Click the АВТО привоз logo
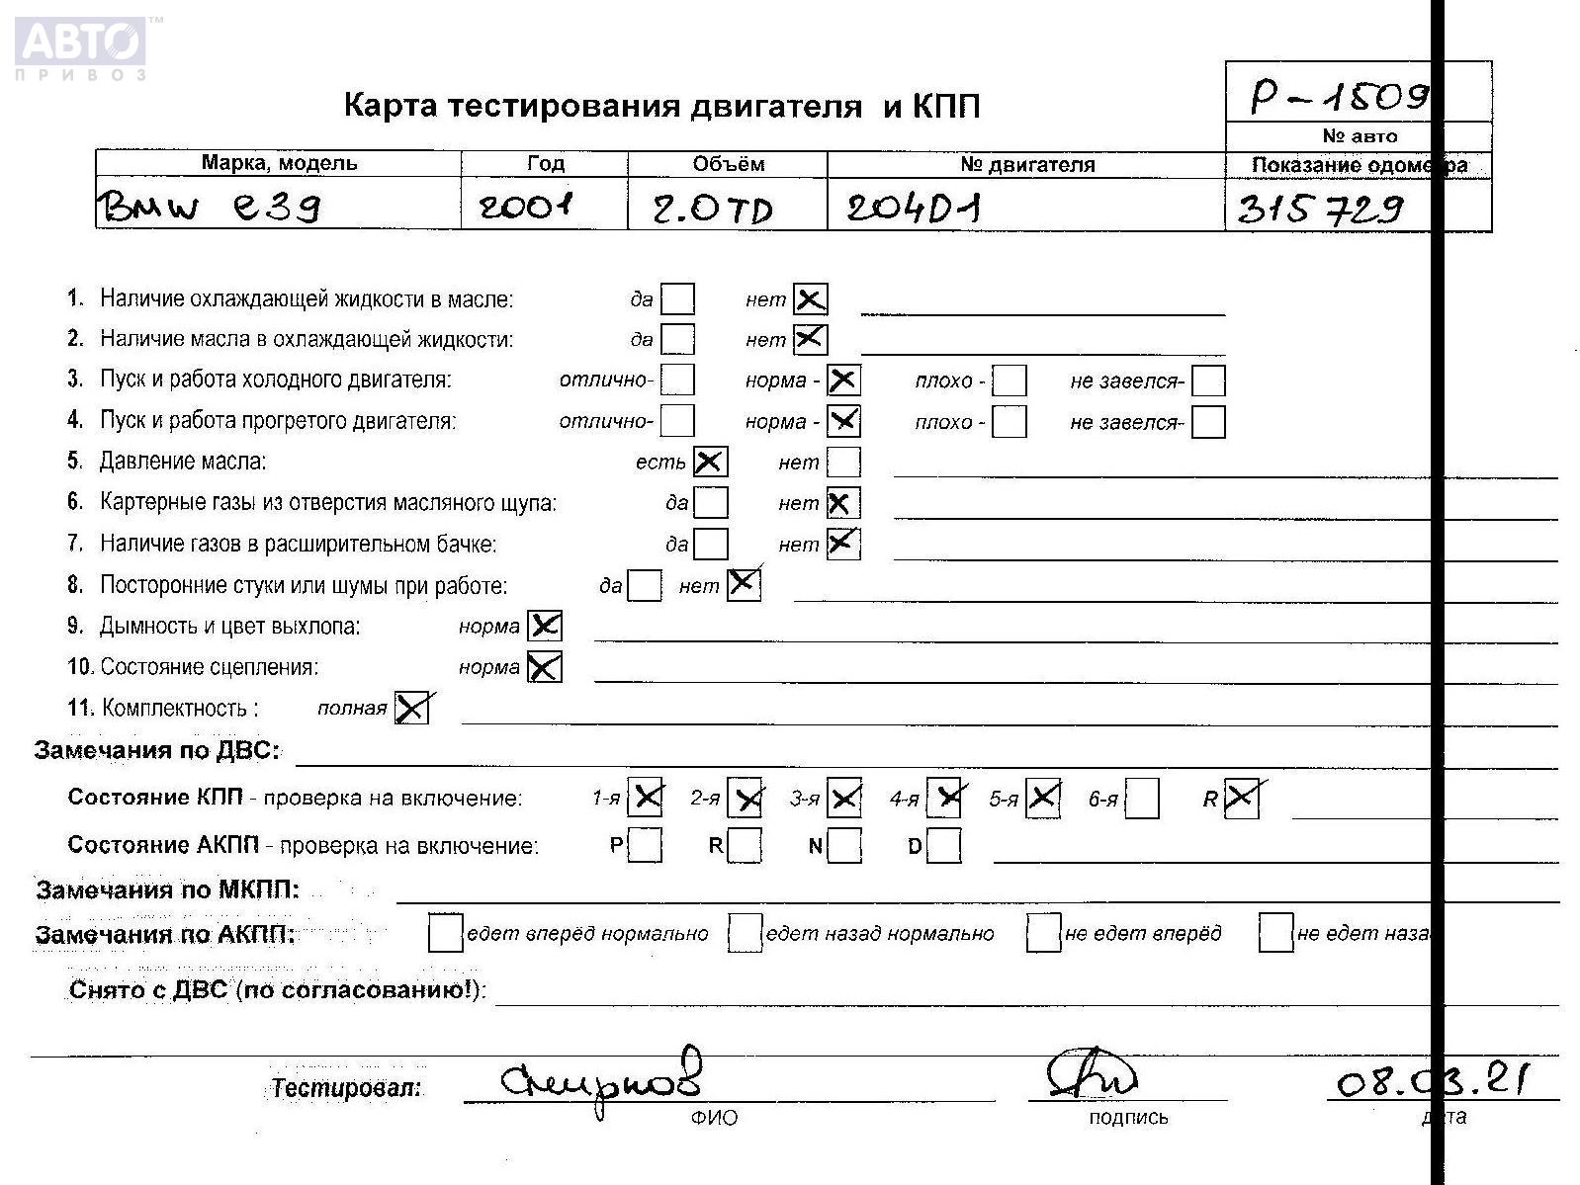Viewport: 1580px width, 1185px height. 81,47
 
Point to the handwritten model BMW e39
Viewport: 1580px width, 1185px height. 208,207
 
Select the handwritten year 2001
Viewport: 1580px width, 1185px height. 526,207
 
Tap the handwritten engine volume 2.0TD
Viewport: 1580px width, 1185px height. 712,209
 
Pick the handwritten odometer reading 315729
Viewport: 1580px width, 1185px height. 1320,209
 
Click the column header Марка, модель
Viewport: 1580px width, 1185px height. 279,163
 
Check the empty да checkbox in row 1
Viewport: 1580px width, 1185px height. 677,298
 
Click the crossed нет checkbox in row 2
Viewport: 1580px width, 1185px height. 810,339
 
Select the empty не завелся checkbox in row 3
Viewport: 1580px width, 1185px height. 1208,381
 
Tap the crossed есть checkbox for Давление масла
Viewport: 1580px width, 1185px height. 710,462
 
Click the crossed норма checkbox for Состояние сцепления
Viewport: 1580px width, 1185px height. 544,667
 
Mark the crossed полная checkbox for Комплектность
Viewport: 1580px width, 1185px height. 411,708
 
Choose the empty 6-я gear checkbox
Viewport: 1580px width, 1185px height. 1142,799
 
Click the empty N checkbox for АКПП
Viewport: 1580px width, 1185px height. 843,846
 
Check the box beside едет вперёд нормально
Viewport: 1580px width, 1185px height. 445,933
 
